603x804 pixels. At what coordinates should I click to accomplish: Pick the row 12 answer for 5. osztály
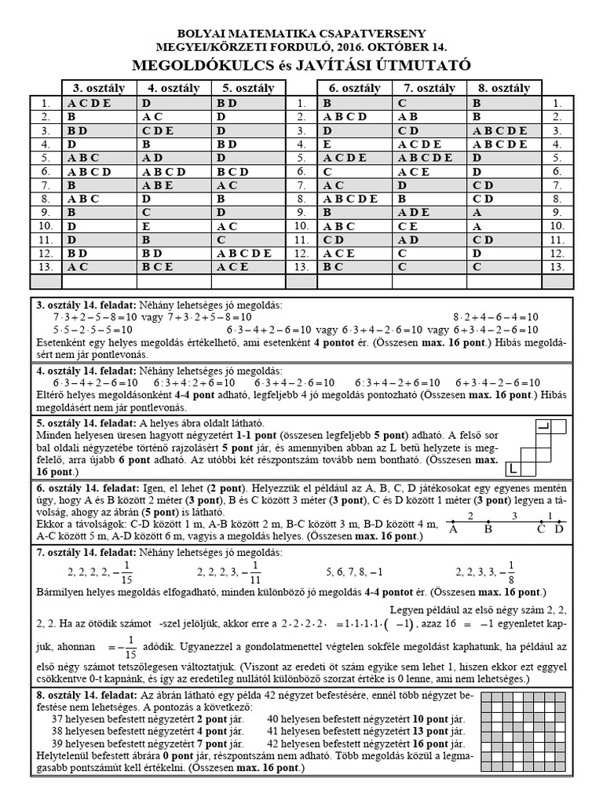point(244,253)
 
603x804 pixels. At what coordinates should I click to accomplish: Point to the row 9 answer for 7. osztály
point(415,212)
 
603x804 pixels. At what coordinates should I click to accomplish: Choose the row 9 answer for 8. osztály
point(477,212)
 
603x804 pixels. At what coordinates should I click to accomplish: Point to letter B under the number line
point(487,529)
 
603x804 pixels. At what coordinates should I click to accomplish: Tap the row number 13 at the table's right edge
point(557,267)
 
